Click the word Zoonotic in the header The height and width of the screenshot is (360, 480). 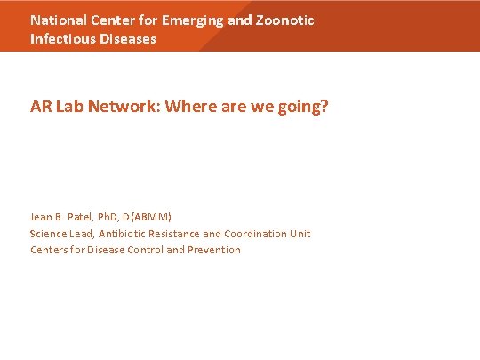[x=285, y=20]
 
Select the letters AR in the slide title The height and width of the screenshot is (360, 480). [x=39, y=107]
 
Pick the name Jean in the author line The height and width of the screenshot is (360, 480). [x=42, y=217]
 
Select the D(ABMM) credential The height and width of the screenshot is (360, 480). [x=152, y=217]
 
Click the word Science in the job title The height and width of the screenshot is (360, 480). [x=49, y=234]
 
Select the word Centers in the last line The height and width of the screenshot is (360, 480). [x=49, y=250]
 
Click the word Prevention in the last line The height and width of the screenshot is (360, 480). [x=214, y=250]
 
